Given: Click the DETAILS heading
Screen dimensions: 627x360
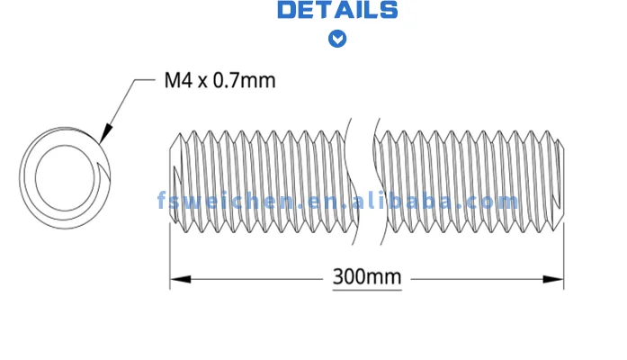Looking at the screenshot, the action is click(x=337, y=11).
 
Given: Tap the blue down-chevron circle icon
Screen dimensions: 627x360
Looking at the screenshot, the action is click(x=337, y=39).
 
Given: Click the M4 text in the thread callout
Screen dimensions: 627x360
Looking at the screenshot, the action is click(x=178, y=80).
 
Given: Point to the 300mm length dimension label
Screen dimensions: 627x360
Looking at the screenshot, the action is click(x=367, y=276).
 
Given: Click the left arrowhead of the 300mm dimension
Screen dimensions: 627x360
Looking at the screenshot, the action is click(x=178, y=279).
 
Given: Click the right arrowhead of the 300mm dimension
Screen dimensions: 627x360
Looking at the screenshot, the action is click(x=558, y=279).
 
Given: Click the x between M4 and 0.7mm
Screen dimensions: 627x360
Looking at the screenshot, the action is click(x=203, y=81).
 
